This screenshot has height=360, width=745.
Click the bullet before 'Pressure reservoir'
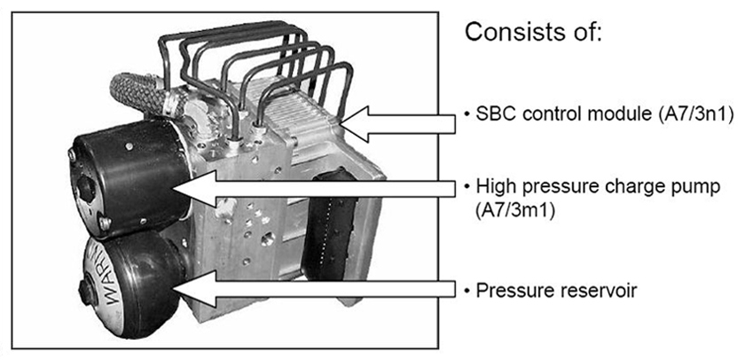point(468,292)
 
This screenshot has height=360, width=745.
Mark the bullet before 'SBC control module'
point(468,116)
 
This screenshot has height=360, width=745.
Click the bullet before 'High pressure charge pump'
point(468,188)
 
